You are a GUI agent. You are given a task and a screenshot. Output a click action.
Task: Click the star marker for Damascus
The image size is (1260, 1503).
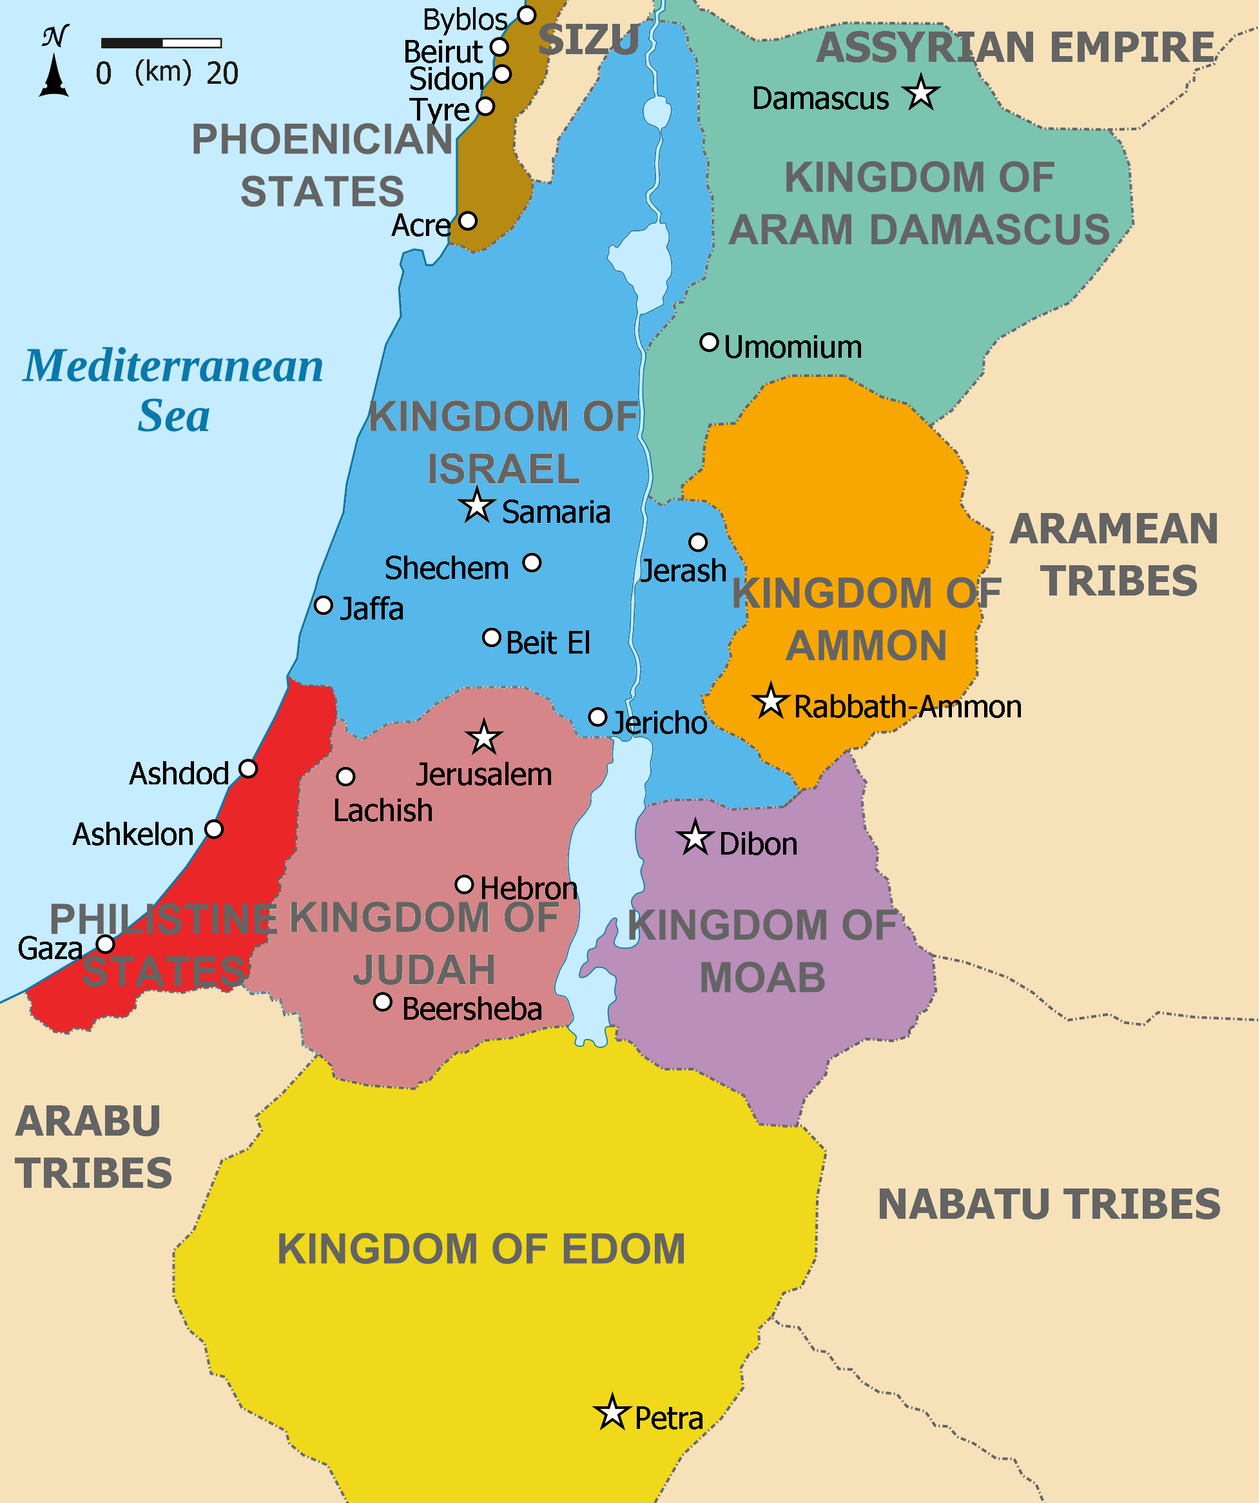coord(921,93)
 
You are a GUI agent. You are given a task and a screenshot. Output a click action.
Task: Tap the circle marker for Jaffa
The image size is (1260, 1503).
coord(324,605)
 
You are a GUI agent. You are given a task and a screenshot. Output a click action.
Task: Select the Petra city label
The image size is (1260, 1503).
coord(668,1418)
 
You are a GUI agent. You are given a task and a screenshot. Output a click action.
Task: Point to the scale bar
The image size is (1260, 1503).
coord(161,43)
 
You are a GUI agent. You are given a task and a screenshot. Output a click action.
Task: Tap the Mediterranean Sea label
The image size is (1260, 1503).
coord(173,390)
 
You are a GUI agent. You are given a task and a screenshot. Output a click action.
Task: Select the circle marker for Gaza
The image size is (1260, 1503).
coord(105,944)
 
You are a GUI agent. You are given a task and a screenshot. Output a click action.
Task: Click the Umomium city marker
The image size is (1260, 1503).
coord(708,342)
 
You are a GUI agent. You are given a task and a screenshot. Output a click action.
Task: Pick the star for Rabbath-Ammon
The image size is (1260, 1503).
coord(771,701)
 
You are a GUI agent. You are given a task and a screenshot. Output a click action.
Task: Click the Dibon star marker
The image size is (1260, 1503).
coord(695,838)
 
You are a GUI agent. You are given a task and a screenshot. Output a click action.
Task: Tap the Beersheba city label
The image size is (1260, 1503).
coord(472,1009)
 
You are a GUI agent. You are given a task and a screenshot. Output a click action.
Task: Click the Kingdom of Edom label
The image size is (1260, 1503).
coord(481,1249)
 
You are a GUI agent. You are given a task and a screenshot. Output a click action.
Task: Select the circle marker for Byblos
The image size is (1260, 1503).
coord(527,15)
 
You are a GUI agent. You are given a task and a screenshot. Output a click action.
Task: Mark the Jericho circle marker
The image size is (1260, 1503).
coord(597,717)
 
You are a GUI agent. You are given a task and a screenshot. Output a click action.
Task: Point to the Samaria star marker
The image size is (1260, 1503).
coord(476,506)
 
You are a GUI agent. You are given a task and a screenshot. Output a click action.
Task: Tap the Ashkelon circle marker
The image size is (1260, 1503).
coord(213,829)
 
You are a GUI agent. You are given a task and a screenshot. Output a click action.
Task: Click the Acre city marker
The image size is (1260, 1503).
coord(467,220)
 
